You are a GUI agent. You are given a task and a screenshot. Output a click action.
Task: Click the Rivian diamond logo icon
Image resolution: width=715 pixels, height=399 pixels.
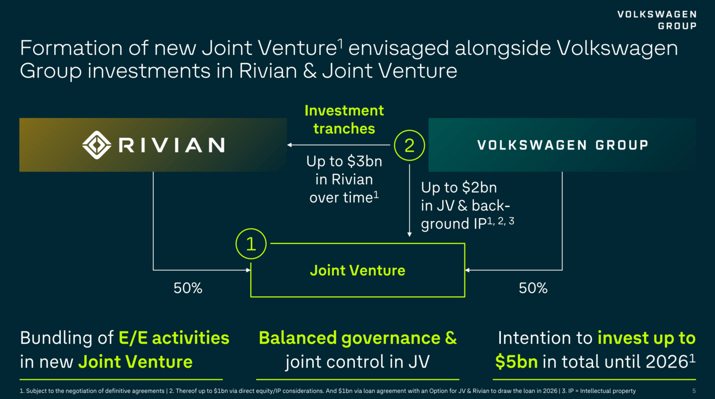(x=97, y=145)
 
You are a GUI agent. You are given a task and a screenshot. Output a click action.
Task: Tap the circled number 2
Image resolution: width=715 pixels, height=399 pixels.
(x=410, y=145)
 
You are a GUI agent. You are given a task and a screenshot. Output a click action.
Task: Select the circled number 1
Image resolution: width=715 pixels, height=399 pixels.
(x=251, y=244)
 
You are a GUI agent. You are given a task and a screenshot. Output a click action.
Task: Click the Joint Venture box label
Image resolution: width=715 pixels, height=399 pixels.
(x=357, y=270)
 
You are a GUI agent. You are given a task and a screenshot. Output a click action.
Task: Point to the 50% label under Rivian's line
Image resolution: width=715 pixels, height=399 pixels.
(x=188, y=288)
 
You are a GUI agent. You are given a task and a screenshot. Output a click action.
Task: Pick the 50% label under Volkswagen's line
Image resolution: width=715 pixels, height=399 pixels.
(x=533, y=288)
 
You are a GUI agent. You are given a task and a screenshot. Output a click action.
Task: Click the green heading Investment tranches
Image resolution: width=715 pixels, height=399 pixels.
(x=344, y=120)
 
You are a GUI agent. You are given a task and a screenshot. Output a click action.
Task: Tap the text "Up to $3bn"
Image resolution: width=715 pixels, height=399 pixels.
(x=344, y=162)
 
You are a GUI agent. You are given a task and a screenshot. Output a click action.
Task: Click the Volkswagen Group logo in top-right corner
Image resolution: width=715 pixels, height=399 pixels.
(x=657, y=20)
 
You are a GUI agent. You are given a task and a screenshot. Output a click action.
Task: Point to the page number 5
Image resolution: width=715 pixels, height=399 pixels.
(x=694, y=391)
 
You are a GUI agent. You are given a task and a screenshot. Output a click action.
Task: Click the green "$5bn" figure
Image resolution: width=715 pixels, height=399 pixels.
(x=516, y=362)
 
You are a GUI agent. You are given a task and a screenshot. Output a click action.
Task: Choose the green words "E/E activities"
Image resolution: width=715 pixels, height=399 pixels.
(x=174, y=338)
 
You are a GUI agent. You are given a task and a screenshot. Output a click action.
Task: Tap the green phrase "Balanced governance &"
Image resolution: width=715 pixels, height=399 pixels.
(x=357, y=338)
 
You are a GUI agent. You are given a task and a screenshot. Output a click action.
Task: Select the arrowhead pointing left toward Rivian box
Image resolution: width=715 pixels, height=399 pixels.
(x=289, y=145)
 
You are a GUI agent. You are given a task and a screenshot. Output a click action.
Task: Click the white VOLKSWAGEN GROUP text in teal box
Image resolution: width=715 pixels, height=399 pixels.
(x=562, y=145)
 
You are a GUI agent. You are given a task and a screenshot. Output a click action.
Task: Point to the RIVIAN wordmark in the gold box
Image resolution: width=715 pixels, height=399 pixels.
(x=172, y=145)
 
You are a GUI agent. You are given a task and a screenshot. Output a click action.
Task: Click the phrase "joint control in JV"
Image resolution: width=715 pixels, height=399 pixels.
(x=357, y=362)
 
